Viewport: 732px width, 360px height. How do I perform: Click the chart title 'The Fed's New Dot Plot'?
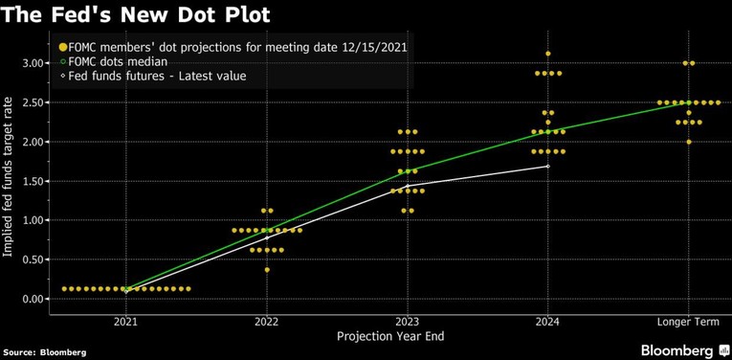[x=135, y=15]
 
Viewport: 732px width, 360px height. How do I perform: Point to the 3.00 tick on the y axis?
[x=31, y=63]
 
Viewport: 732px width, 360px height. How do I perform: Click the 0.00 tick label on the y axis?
[x=31, y=299]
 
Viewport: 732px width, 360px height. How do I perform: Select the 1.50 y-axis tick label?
[x=31, y=181]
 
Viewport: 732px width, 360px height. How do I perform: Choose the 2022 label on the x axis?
[x=267, y=322]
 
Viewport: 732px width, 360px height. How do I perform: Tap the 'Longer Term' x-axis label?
[x=688, y=322]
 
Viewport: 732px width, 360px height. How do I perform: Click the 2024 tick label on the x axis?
[x=547, y=322]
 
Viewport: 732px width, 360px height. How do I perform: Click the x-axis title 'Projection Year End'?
[x=391, y=336]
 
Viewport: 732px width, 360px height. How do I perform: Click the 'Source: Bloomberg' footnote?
[x=44, y=352]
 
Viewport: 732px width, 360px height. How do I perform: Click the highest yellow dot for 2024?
[x=547, y=54]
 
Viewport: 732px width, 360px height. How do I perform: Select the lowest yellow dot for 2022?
[x=267, y=270]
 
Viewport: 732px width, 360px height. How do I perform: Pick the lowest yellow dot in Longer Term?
[x=688, y=142]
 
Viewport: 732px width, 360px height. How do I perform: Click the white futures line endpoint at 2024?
[x=547, y=166]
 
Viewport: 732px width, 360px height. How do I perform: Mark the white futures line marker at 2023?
[x=408, y=185]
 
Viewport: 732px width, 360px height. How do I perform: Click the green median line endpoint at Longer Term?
[x=688, y=102]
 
